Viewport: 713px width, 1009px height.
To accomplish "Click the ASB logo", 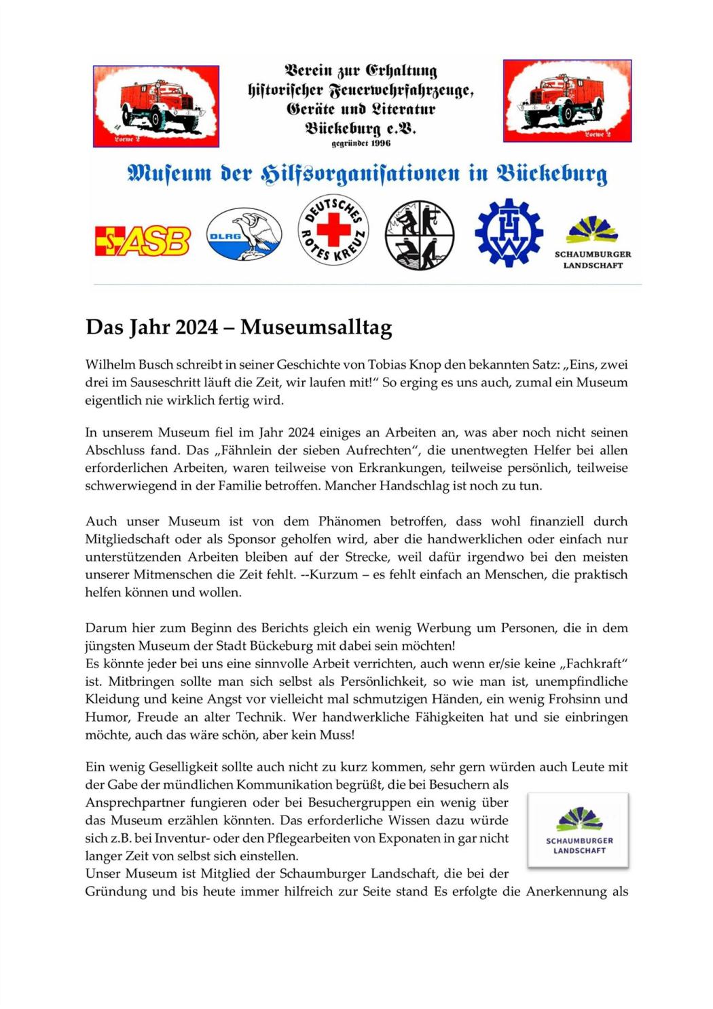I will [143, 241].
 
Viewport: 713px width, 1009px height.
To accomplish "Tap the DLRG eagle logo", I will [244, 235].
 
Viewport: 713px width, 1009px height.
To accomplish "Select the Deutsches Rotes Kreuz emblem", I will [333, 230].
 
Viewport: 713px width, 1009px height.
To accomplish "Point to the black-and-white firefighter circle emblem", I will [420, 235].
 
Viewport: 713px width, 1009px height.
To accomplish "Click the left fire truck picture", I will [156, 106].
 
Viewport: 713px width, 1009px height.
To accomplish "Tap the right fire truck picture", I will [567, 100].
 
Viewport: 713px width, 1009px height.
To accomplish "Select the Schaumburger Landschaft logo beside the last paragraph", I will [579, 830].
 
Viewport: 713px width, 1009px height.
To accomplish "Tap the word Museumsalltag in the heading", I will [316, 327].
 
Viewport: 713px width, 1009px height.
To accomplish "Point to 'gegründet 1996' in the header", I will [361, 143].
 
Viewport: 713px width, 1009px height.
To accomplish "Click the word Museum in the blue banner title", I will [170, 174].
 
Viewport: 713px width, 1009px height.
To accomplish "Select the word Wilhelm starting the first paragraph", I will [109, 365].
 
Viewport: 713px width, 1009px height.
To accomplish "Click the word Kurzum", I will [330, 574].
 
